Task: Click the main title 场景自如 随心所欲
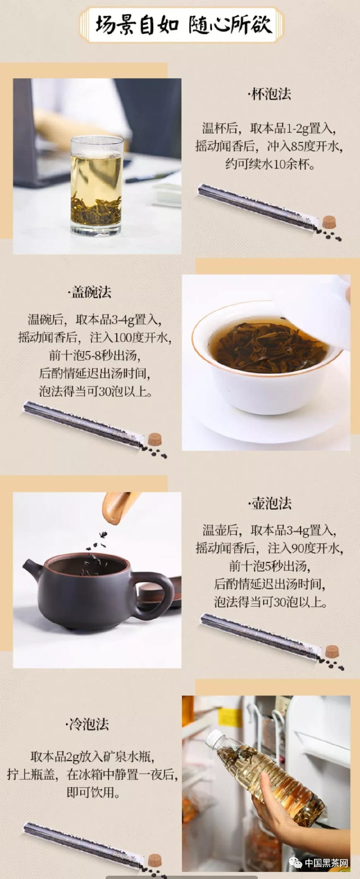pyautogui.click(x=184, y=25)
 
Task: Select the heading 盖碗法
pyautogui.click(x=90, y=292)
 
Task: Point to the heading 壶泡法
pyautogui.click(x=270, y=503)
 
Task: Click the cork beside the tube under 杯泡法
pyautogui.click(x=329, y=222)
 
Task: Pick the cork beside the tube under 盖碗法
pyautogui.click(x=155, y=439)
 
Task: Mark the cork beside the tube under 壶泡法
pyautogui.click(x=332, y=651)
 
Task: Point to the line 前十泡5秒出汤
pyautogui.click(x=270, y=566)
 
